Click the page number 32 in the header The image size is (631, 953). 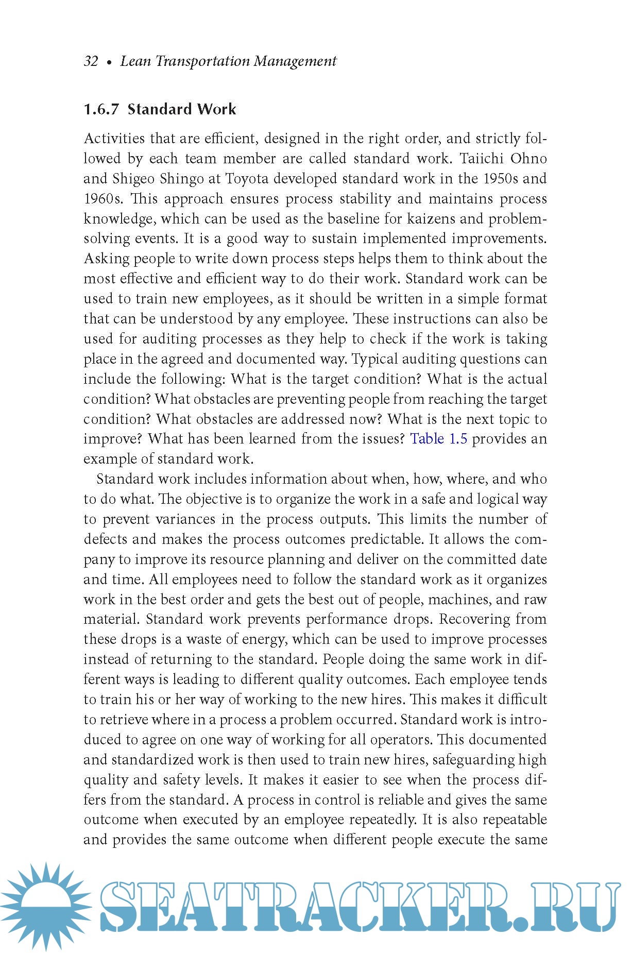(91, 61)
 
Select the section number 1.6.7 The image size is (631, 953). (101, 109)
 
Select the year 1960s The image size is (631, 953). (104, 199)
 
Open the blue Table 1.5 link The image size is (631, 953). (438, 439)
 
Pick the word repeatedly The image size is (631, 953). (382, 820)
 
